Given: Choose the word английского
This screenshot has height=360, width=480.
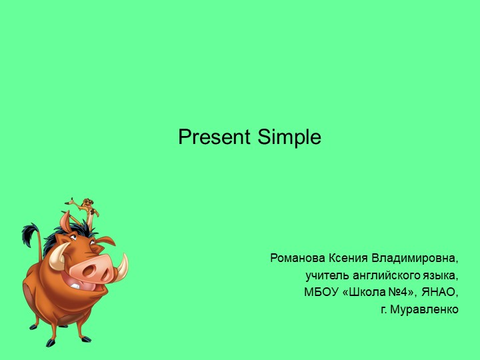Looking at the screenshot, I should pyautogui.click(x=383, y=275).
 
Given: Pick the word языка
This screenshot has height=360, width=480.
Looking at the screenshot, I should pyautogui.click(x=440, y=275).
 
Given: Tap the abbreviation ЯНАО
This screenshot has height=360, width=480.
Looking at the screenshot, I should pyautogui.click(x=440, y=293).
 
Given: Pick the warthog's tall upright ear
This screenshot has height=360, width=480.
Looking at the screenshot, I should pyautogui.click(x=64, y=220).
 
